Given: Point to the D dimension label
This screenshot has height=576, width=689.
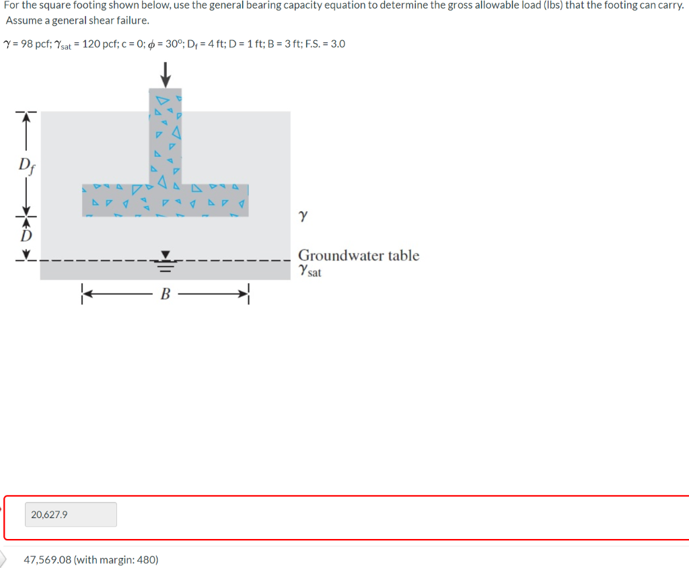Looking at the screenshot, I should (x=26, y=236).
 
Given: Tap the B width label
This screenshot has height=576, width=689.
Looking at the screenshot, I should (x=164, y=293).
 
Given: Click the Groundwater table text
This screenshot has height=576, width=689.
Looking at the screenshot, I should (x=358, y=256).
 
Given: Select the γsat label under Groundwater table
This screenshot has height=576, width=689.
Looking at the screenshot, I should (x=310, y=271).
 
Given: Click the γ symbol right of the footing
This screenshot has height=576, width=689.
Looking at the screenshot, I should (x=304, y=217).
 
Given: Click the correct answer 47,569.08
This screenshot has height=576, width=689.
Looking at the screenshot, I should (x=47, y=559).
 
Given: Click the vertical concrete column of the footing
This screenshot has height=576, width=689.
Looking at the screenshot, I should (x=165, y=135).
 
